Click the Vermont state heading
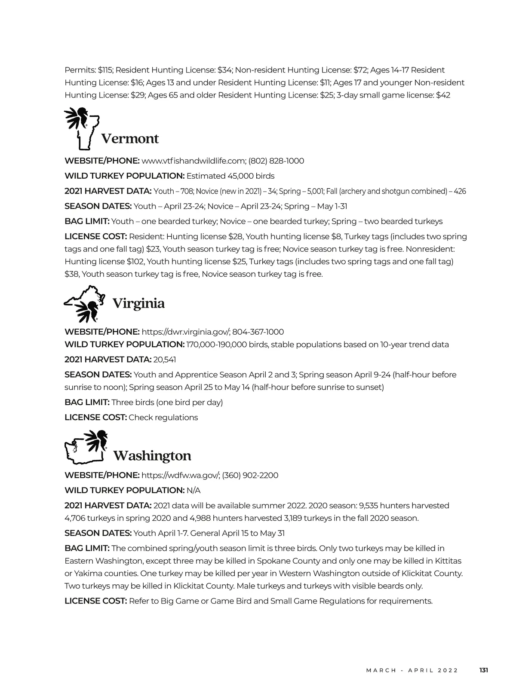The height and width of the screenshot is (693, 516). (x=129, y=139)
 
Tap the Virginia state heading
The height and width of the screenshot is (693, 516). (x=138, y=303)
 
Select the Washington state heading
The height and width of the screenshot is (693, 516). (x=152, y=455)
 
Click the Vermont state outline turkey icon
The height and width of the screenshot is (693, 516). (x=82, y=128)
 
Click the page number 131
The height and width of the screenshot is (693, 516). (x=484, y=670)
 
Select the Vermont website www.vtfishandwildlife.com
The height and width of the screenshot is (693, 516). (x=193, y=161)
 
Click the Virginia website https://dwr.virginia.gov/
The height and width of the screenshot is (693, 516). (x=186, y=332)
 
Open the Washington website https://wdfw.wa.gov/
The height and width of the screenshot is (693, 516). (x=181, y=476)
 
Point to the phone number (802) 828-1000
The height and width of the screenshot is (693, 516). (x=276, y=161)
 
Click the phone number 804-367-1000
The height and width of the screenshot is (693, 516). (x=258, y=332)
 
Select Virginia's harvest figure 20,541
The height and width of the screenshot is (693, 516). (x=165, y=360)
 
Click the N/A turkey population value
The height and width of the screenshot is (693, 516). (x=193, y=491)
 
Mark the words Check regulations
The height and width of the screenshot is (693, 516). (x=163, y=418)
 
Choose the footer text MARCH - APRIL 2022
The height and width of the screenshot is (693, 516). (x=412, y=670)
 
